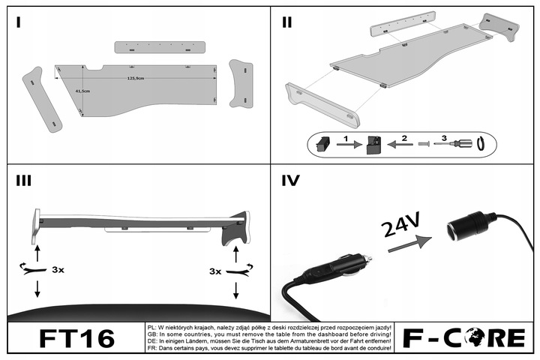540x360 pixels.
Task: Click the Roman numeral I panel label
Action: [x=18, y=22]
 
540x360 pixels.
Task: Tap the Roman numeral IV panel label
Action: [x=290, y=181]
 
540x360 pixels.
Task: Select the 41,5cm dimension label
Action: [x=82, y=91]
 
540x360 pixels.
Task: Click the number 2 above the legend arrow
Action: [x=403, y=137]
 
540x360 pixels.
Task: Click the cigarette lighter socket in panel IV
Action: [x=464, y=226]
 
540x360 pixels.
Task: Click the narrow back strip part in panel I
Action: [x=160, y=46]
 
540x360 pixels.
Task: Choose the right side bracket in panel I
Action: [x=242, y=84]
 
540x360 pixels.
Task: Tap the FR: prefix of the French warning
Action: [x=151, y=348]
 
